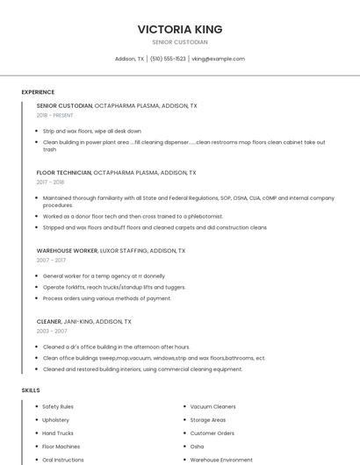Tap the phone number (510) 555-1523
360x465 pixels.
pyautogui.click(x=168, y=59)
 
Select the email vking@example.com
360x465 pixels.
pyautogui.click(x=218, y=59)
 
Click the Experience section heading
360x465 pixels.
pyautogui.click(x=38, y=92)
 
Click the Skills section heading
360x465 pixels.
pyautogui.click(x=31, y=390)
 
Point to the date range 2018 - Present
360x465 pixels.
pyautogui.click(x=54, y=115)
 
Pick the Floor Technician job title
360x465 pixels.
pyautogui.click(x=64, y=173)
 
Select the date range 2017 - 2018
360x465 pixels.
pyautogui.click(x=50, y=182)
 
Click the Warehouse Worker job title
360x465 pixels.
pyautogui.click(x=67, y=250)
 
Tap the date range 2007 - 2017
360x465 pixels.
pyautogui.click(x=51, y=260)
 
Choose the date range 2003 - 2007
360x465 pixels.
pyautogui.click(x=51, y=332)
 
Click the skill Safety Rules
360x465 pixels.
pyautogui.click(x=58, y=407)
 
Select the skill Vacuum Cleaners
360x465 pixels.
pyautogui.click(x=212, y=407)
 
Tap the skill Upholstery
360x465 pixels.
pyautogui.click(x=55, y=420)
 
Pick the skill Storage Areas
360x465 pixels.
pyautogui.click(x=207, y=420)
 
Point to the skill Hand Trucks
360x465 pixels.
pyautogui.click(x=58, y=433)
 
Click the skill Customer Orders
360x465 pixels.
pyautogui.click(x=212, y=433)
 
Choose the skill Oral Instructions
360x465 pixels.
pyautogui.click(x=63, y=460)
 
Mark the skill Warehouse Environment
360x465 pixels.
pyautogui.click(x=221, y=460)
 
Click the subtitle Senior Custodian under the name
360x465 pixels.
pyautogui.click(x=180, y=42)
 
